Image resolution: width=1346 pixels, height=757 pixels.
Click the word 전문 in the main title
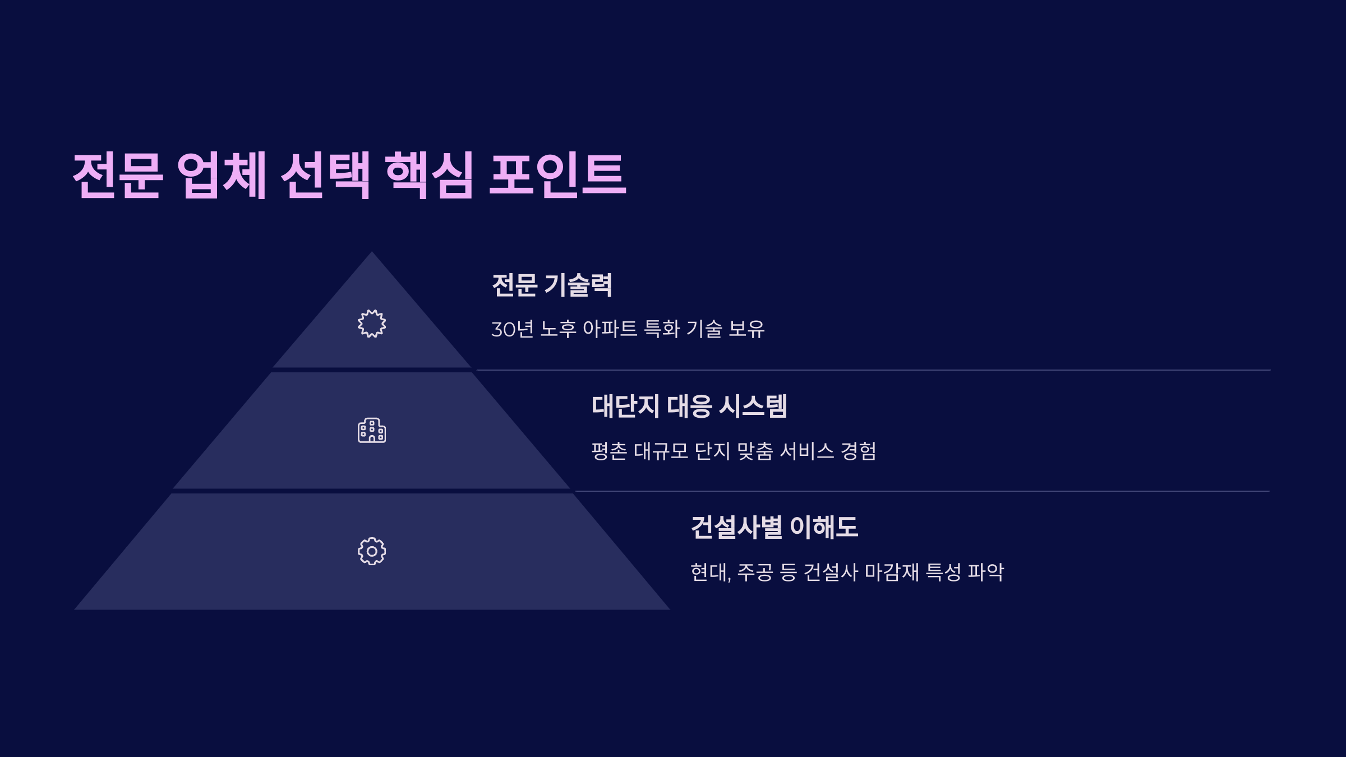(x=118, y=175)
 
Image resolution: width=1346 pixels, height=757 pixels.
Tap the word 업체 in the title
(x=222, y=175)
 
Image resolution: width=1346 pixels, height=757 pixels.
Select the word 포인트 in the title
(x=557, y=175)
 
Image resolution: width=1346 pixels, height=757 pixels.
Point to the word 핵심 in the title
(x=430, y=175)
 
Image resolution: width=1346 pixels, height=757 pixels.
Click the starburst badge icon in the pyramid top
(x=372, y=324)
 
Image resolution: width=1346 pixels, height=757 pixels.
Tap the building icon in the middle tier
(x=372, y=431)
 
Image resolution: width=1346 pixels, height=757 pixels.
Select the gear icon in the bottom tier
(x=372, y=551)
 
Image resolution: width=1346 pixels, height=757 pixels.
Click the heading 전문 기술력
(x=552, y=285)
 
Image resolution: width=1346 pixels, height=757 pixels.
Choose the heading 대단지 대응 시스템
(x=689, y=406)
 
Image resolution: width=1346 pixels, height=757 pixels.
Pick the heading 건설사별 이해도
(x=775, y=527)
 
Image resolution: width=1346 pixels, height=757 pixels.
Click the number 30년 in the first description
(x=512, y=329)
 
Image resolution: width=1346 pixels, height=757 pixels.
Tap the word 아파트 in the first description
(x=610, y=329)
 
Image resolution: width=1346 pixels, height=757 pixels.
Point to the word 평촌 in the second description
(x=609, y=451)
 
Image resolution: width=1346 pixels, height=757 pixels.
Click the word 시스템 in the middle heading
(x=753, y=406)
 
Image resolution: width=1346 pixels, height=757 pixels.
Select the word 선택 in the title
(x=325, y=175)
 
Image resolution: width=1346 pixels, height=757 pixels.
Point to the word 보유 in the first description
(x=746, y=329)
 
